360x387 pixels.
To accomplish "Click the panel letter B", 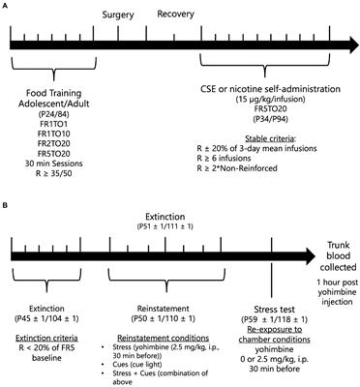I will click(x=7, y=198).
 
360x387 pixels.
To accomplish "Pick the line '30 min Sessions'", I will click(x=46, y=168).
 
